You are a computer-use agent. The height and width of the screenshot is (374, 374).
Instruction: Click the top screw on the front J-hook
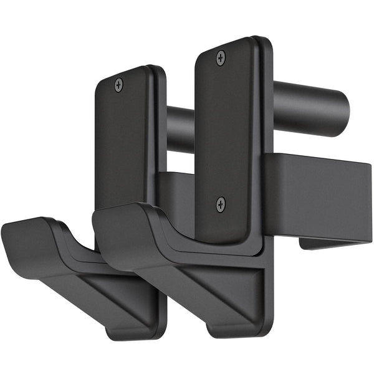[221, 58]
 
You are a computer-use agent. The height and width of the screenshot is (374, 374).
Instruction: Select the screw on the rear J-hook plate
[119, 85]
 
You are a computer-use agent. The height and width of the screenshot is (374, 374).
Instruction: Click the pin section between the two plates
[180, 130]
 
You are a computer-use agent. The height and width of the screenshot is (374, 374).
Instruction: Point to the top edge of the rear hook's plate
[128, 69]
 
